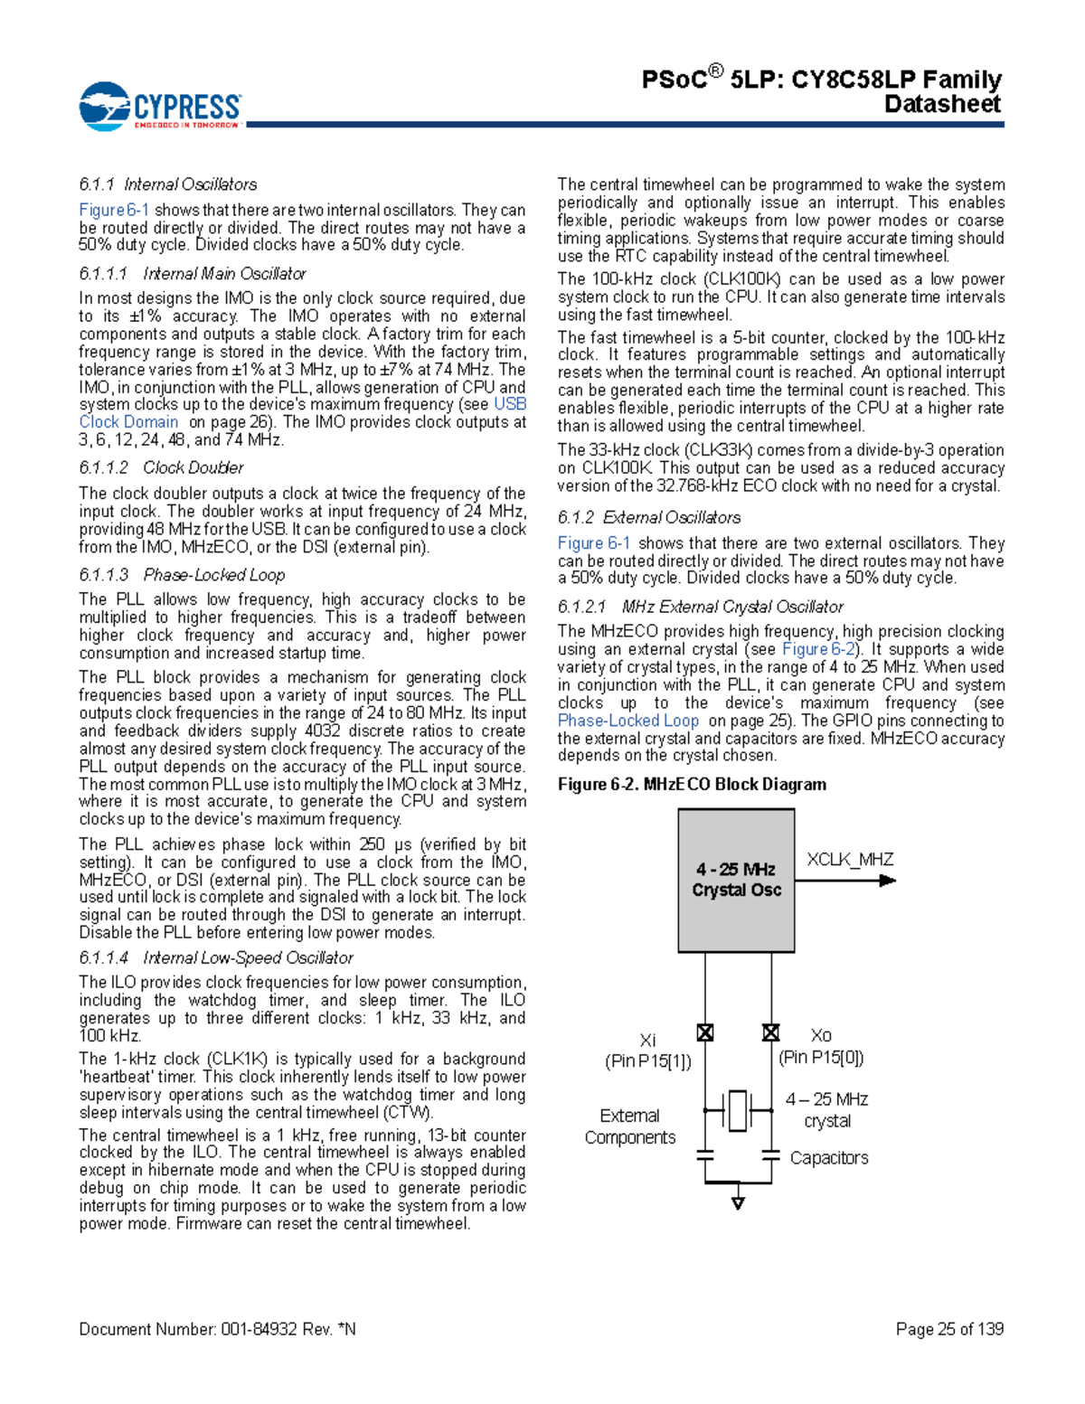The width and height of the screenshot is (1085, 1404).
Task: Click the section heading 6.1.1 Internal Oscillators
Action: tap(167, 184)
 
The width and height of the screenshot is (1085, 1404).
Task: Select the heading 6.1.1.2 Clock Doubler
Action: tap(161, 467)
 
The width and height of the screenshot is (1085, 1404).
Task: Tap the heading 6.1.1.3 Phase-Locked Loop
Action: tap(181, 575)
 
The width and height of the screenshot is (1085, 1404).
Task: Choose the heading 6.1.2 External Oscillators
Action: tap(648, 517)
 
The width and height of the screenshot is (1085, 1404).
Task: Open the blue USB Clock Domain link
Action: tap(128, 422)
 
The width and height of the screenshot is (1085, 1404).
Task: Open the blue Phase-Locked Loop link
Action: tap(627, 721)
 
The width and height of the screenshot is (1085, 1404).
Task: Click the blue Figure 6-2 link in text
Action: tap(818, 649)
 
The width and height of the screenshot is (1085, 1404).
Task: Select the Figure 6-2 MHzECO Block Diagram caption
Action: tap(692, 784)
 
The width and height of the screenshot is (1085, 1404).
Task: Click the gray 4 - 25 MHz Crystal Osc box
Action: tap(736, 880)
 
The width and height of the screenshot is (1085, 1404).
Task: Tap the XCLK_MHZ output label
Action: tap(849, 859)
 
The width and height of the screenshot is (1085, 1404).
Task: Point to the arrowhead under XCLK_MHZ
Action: tap(888, 880)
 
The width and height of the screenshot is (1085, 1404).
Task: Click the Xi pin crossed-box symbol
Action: tap(705, 1032)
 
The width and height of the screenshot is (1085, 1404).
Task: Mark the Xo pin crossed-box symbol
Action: tap(770, 1032)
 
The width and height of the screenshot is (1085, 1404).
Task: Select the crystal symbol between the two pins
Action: tap(738, 1110)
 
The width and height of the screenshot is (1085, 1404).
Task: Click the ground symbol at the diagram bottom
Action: tap(738, 1202)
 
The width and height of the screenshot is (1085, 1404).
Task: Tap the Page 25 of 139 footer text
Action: tap(949, 1328)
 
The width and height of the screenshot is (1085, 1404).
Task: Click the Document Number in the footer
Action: tap(217, 1328)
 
